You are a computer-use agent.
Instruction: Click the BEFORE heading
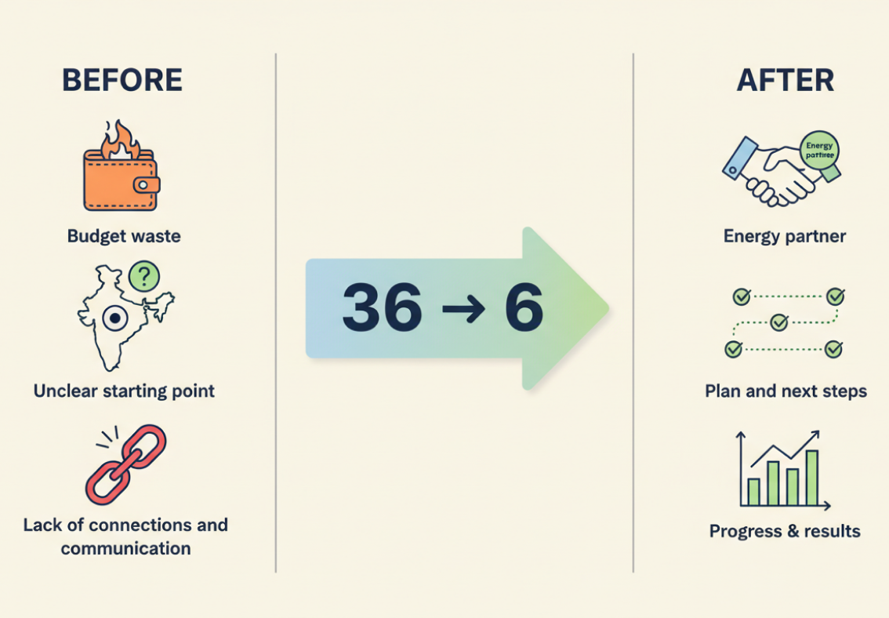pos(122,80)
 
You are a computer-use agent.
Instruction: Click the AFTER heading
pos(785,80)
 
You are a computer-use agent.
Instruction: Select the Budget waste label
pos(124,235)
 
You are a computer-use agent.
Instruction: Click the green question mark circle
pos(143,275)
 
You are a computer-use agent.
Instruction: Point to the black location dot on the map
pos(115,318)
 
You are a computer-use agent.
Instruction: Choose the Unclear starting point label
pos(124,391)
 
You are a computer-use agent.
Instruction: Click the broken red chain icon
pos(125,464)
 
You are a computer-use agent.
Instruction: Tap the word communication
pos(125,548)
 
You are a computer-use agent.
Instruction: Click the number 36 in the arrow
pos(382,307)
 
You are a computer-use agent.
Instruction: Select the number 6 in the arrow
pos(524,307)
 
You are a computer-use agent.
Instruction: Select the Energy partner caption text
pos(785,236)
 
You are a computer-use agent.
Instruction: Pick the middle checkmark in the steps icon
pos(778,322)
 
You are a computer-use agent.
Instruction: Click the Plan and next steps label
pos(786,391)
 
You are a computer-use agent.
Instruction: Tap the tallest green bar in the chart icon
pos(812,478)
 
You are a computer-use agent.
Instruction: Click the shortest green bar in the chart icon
pos(754,492)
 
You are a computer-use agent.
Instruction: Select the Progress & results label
pos(785,531)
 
